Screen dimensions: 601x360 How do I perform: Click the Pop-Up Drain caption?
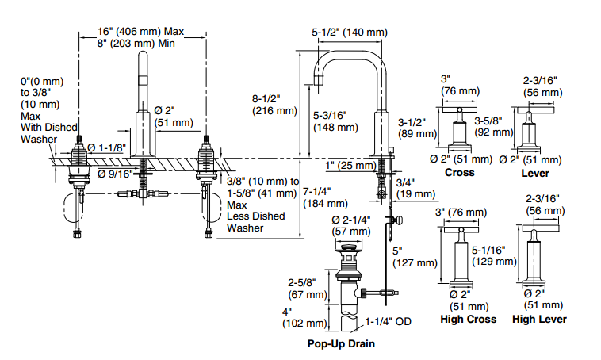click(x=341, y=343)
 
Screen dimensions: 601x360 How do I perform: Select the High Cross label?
click(x=468, y=319)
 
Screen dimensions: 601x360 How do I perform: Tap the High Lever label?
click(x=539, y=319)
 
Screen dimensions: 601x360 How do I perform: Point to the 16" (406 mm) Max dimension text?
click(x=140, y=31)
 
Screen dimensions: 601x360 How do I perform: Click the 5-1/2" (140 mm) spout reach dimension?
click(x=350, y=33)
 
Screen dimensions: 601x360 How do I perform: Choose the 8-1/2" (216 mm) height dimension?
click(x=274, y=105)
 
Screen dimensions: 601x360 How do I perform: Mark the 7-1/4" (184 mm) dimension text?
click(x=325, y=197)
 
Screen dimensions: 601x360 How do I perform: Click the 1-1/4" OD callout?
click(x=388, y=321)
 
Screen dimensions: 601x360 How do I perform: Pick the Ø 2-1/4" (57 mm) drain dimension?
click(x=351, y=225)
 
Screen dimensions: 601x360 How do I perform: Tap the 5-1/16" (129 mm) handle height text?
click(x=494, y=255)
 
